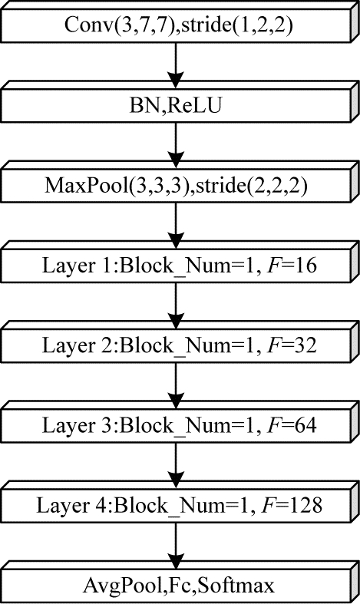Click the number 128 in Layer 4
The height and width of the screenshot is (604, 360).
(306, 505)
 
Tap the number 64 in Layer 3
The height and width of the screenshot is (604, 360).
(306, 425)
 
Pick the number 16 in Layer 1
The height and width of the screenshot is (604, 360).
(306, 266)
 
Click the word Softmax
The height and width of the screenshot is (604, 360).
(237, 586)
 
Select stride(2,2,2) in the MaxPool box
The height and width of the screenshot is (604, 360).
(252, 185)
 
